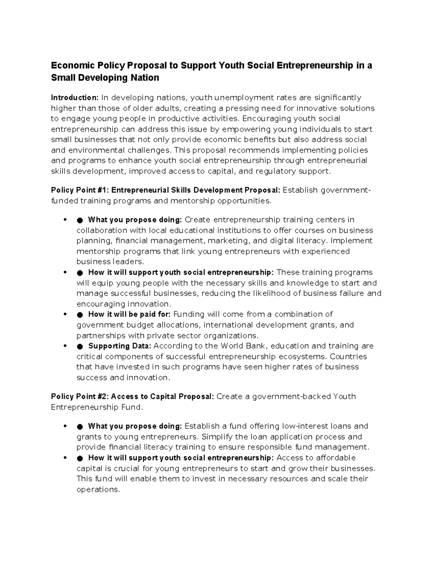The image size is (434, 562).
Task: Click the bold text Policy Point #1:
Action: (80, 190)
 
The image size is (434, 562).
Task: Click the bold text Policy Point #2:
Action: (80, 397)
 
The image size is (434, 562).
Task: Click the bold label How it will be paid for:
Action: (129, 314)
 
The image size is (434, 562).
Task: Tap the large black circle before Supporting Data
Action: (80, 346)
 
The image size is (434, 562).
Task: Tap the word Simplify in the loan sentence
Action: (217, 437)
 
